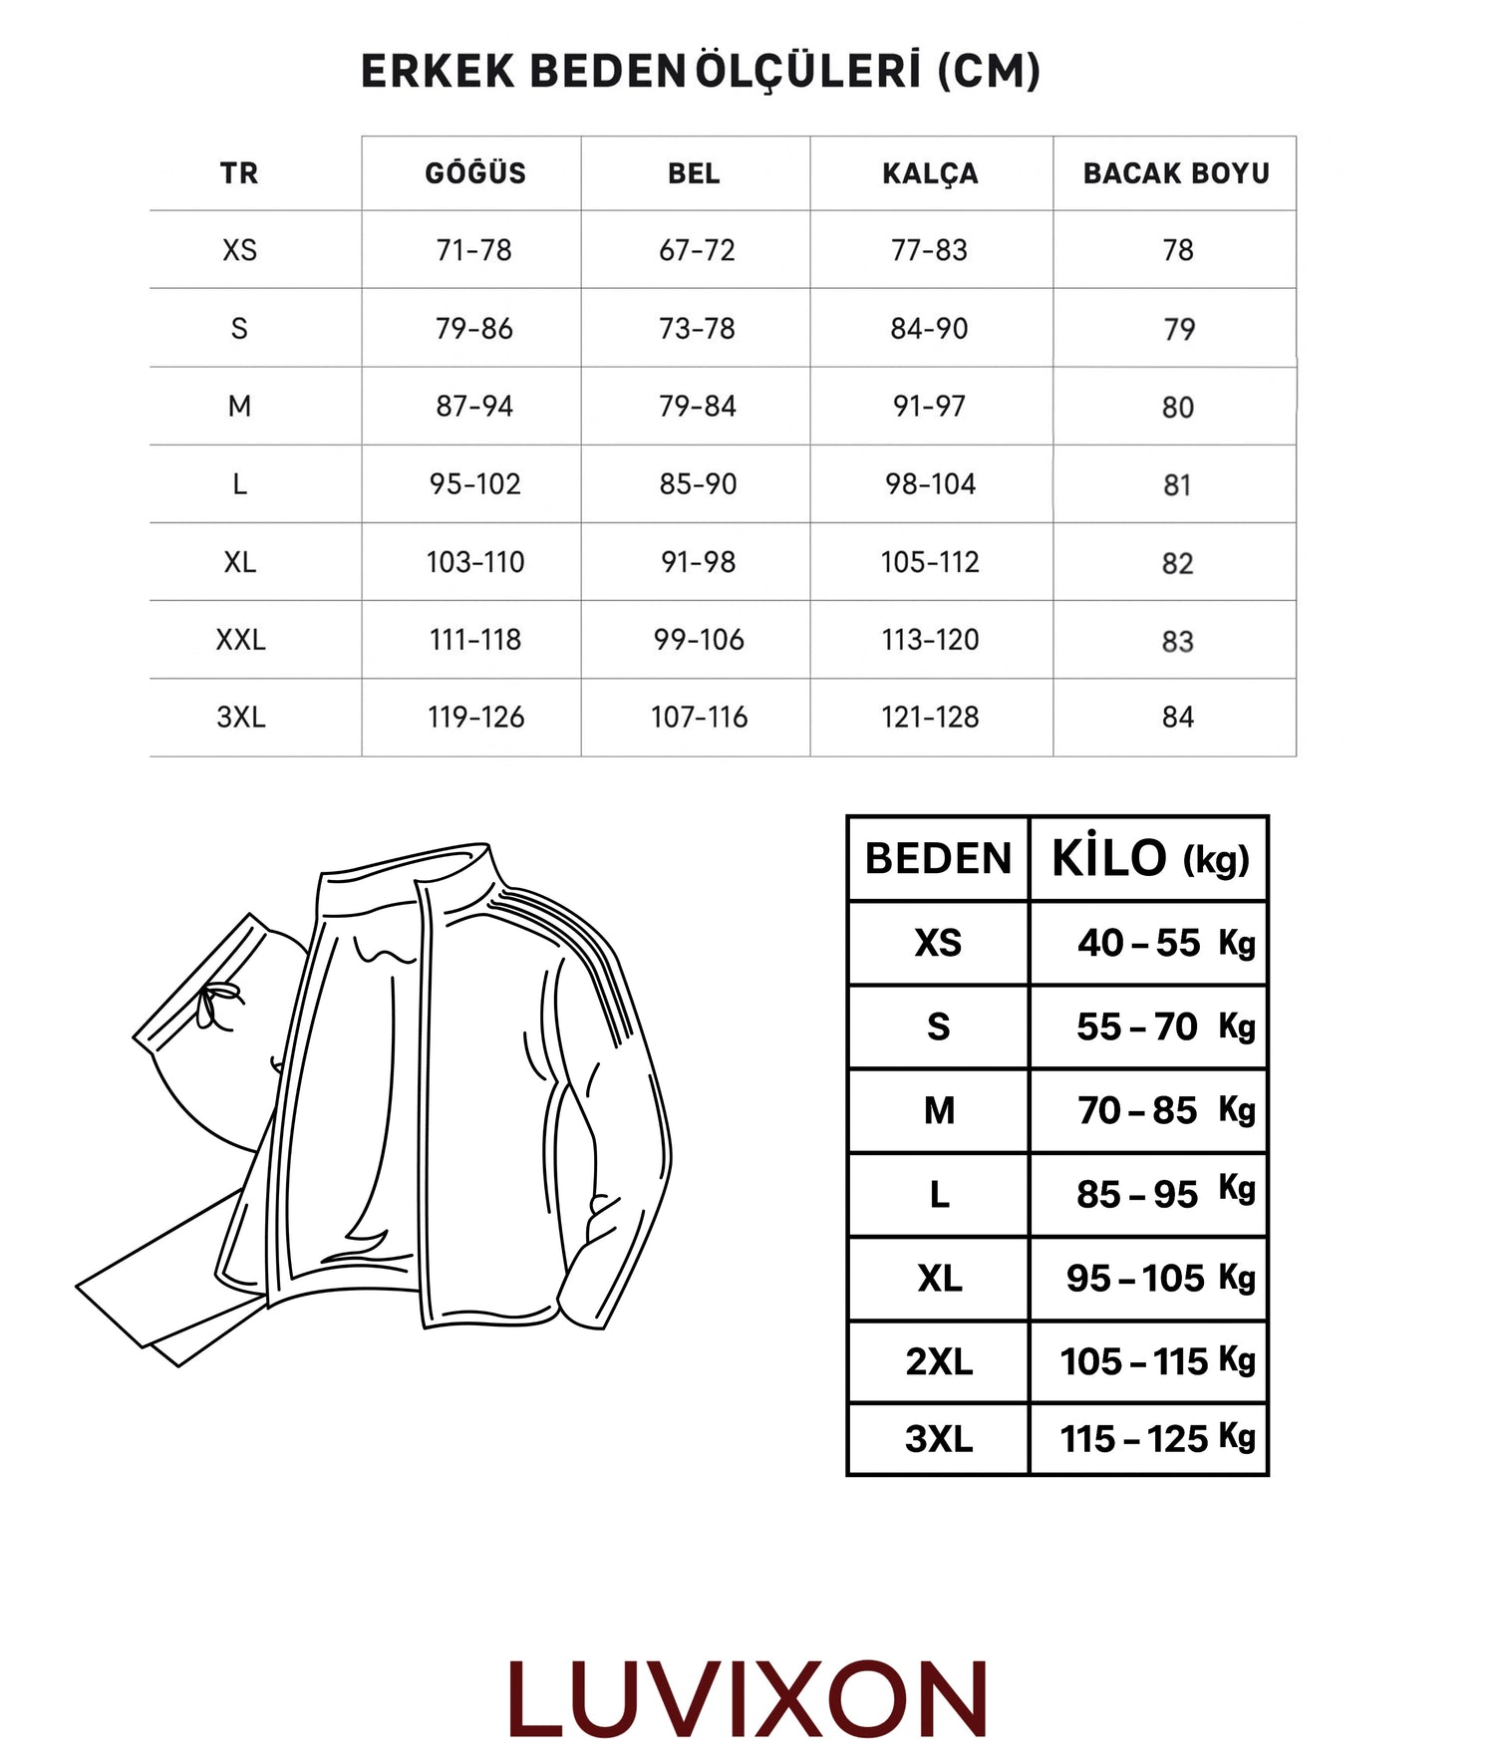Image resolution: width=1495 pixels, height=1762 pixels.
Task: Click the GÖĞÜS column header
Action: click(475, 173)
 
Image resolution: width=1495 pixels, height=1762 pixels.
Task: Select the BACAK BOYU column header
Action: click(1176, 173)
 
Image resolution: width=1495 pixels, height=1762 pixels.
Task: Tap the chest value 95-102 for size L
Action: click(475, 484)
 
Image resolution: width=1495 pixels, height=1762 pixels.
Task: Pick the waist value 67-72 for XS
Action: click(697, 250)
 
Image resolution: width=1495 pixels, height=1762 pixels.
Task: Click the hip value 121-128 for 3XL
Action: click(930, 718)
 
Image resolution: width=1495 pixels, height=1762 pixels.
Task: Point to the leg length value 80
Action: click(1177, 408)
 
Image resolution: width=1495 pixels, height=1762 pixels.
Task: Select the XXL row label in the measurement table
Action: click(240, 640)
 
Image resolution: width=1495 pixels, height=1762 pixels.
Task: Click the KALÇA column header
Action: click(930, 173)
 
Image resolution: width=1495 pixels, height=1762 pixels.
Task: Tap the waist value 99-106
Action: click(699, 640)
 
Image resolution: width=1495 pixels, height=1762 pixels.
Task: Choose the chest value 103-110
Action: click(475, 562)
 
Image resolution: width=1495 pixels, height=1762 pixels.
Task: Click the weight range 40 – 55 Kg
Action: click(1164, 943)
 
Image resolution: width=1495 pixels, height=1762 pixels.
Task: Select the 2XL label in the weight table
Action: click(938, 1361)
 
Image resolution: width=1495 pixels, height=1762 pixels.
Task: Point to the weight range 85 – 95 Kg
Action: click(1164, 1194)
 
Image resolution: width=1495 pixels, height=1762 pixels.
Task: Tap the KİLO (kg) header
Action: click(1149, 858)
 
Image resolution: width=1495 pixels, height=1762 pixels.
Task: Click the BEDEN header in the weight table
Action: click(938, 858)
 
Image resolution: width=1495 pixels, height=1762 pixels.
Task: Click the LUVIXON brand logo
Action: click(747, 1700)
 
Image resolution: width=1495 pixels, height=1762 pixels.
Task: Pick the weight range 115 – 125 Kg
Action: click(1156, 1439)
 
